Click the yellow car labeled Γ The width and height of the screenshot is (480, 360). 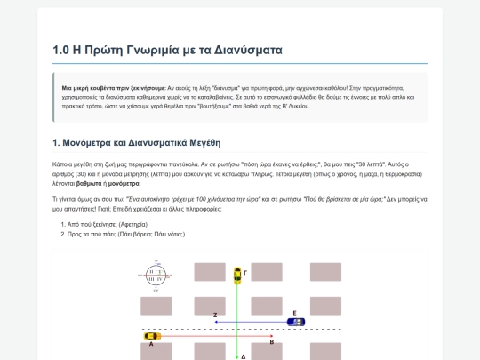(236, 276)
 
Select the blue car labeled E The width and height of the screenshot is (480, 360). (295, 322)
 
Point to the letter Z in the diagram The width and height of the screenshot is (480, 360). (215, 316)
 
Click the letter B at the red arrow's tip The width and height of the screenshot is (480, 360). (271, 342)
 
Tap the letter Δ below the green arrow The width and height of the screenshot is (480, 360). (244, 356)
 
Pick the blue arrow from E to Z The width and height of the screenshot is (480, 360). (253, 322)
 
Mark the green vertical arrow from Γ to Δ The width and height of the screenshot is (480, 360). (236, 320)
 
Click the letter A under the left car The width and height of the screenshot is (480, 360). (151, 344)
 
